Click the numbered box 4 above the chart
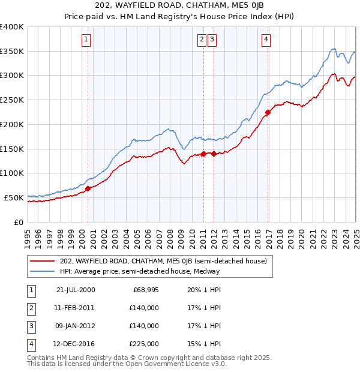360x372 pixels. (266, 40)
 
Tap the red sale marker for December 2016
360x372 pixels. (268, 112)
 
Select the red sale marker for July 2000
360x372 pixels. (88, 188)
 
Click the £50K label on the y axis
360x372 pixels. (14, 197)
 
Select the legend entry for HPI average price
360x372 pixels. (140, 271)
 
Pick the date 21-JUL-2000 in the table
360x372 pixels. (76, 290)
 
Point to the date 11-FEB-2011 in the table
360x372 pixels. (76, 308)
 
